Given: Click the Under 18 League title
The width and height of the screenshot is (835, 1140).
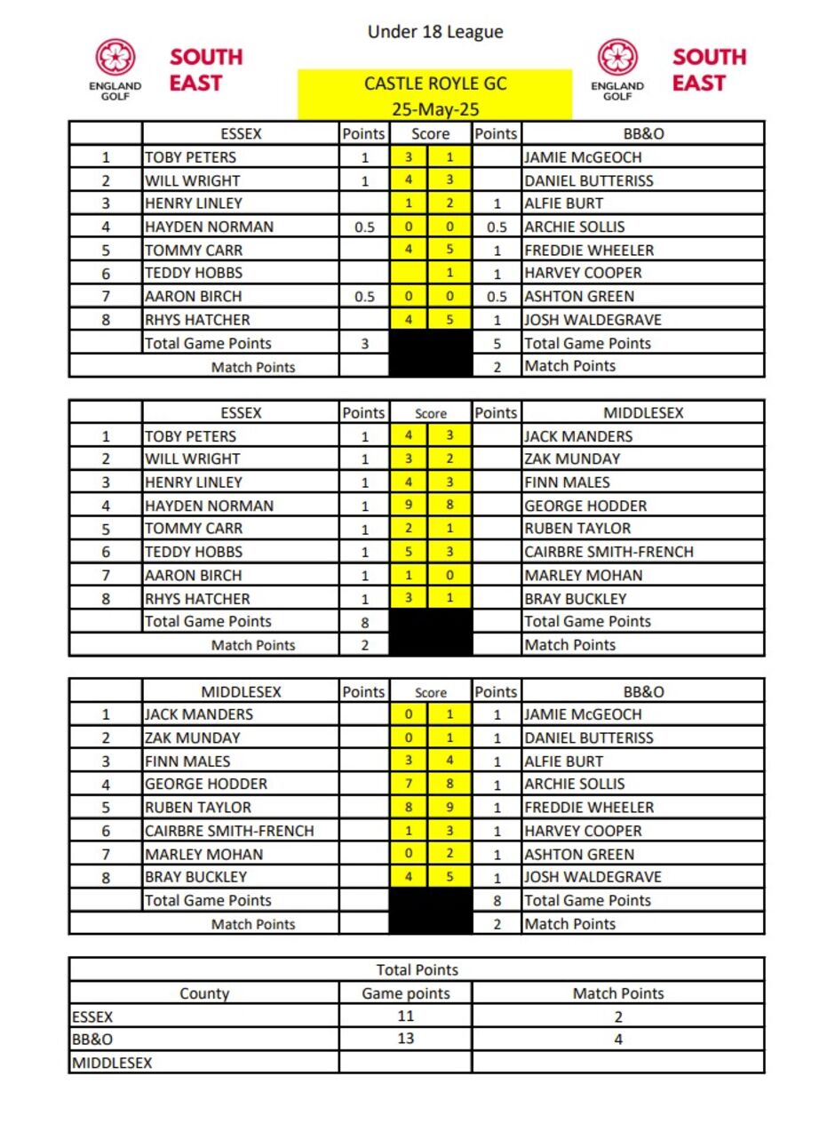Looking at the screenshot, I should (435, 32).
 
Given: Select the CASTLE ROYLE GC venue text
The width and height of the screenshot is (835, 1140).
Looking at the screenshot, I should (435, 84).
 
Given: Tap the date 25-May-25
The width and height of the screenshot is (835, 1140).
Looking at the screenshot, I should (435, 109).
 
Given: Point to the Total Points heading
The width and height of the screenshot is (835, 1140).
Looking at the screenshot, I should (417, 969).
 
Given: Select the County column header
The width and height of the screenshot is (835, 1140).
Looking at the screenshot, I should (204, 993).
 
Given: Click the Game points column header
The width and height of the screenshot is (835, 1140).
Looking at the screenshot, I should (406, 993).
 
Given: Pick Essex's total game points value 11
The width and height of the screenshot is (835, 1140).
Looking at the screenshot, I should (406, 1016).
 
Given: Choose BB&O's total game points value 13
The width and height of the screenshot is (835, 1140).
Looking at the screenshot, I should (406, 1038).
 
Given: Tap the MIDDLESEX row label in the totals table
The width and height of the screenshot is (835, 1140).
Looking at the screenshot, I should (112, 1062).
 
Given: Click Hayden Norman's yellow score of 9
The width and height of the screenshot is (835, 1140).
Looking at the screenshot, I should (409, 506).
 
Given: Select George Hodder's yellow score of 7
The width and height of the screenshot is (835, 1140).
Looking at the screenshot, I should (409, 784).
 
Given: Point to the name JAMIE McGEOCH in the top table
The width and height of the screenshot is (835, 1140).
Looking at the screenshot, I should (583, 157).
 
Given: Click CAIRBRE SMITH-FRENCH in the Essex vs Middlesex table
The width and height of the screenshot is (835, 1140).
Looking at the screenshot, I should (608, 552).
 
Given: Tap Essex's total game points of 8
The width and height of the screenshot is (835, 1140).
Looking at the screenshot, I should (364, 622).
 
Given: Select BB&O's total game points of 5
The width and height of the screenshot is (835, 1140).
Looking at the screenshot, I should (497, 343).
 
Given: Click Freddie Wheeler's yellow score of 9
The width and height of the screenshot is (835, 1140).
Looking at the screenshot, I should (450, 807).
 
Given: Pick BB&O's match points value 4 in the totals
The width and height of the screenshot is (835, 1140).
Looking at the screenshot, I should (618, 1038).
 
